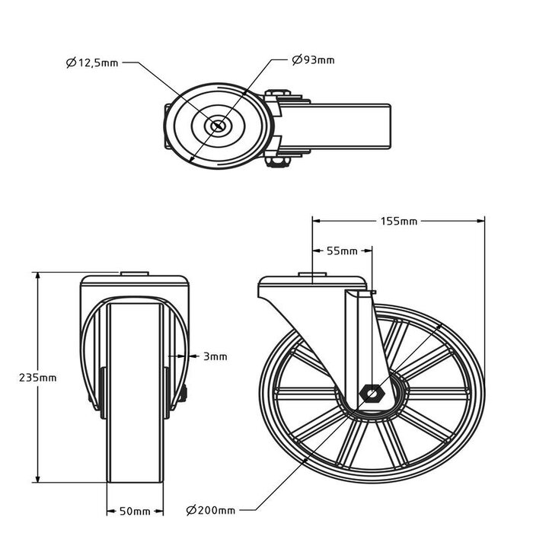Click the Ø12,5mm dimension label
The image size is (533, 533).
[92, 63]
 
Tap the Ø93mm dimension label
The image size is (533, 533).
[314, 60]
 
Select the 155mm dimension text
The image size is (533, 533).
[399, 222]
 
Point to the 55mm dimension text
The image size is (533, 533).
[342, 251]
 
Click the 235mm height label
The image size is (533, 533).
[38, 378]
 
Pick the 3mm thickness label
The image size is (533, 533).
[215, 356]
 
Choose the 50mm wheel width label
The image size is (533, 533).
[135, 511]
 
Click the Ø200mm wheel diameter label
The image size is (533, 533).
[211, 510]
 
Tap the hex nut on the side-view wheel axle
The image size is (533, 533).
[372, 394]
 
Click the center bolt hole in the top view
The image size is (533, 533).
[218, 126]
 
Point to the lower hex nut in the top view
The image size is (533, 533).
[278, 161]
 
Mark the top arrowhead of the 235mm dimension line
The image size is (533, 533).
[38, 276]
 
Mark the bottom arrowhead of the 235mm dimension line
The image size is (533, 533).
[38, 477]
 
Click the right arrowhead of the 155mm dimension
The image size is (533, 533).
[480, 221]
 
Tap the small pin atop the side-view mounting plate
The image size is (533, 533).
[312, 274]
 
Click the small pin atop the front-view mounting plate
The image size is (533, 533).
[135, 273]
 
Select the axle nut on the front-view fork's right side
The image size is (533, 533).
[184, 393]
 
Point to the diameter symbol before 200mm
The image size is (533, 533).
[190, 511]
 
